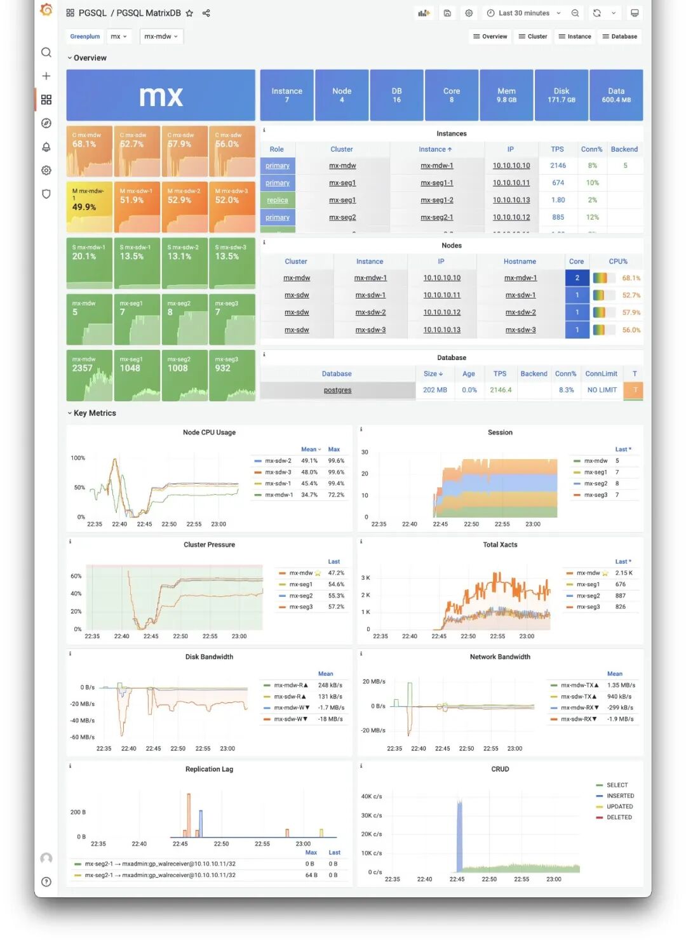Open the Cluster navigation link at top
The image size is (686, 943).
532,37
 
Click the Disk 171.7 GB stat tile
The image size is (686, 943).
562,95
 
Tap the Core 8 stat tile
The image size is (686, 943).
452,95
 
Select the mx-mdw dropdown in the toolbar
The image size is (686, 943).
161,37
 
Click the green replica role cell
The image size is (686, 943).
278,200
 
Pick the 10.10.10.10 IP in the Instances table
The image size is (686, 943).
511,166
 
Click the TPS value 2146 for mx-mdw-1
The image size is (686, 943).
558,166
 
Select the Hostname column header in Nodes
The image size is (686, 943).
520,262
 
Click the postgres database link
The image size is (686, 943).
337,391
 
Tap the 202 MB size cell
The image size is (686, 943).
434,391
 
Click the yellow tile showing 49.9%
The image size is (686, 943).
90,207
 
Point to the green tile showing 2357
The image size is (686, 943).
90,375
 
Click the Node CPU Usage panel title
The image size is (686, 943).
209,432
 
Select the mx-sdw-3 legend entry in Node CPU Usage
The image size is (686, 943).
278,472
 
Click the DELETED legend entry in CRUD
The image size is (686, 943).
619,818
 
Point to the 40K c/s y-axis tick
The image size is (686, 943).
372,796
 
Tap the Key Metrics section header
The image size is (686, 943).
94,413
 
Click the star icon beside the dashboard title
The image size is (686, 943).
189,13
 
